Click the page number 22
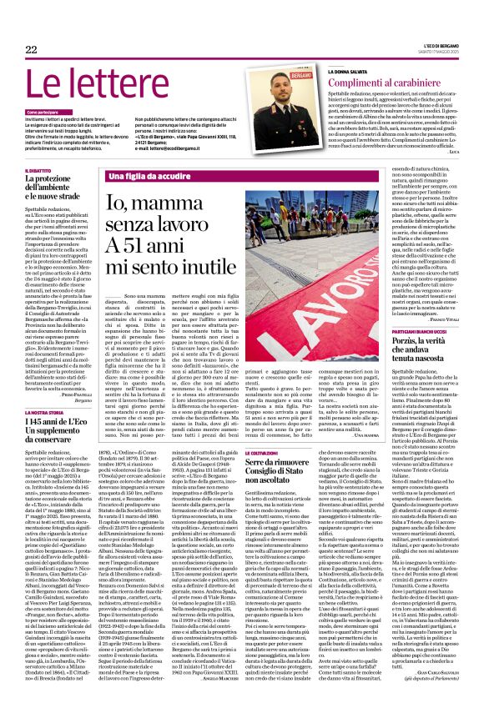tap(31, 49)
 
